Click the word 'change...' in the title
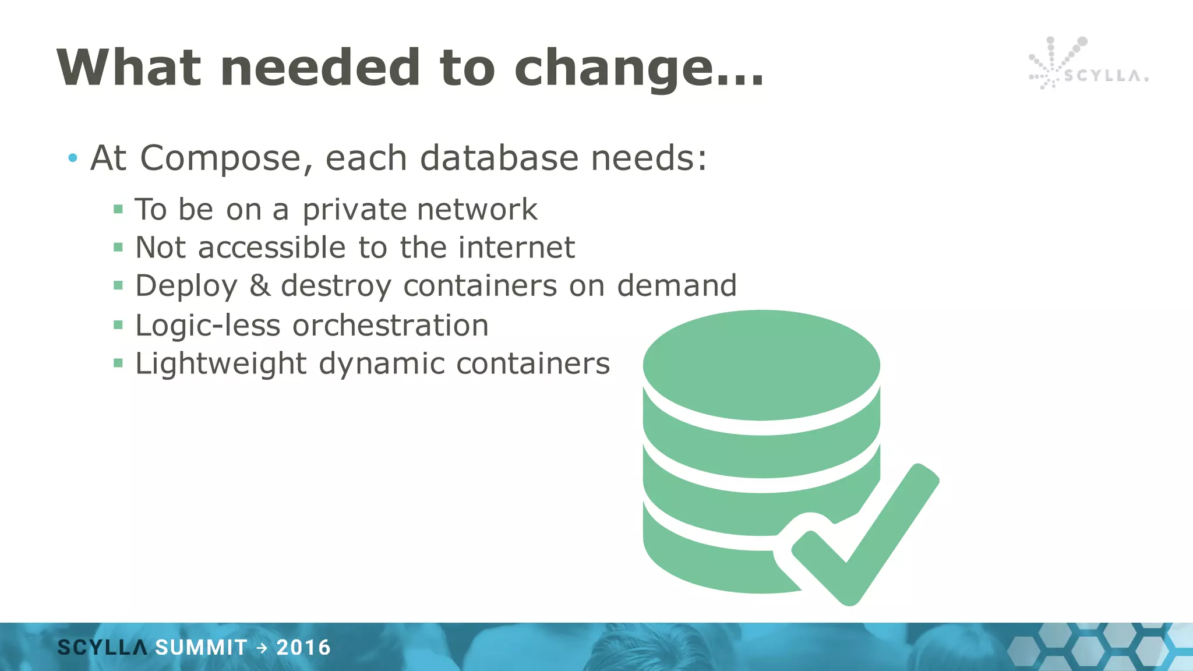coord(638,69)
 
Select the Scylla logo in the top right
coord(1087,64)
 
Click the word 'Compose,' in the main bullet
coord(227,158)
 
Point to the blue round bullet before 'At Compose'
coord(72,158)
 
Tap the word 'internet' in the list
coord(516,248)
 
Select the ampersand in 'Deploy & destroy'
coord(260,285)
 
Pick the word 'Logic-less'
coord(208,325)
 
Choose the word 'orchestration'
coord(390,325)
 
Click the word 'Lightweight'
coord(221,364)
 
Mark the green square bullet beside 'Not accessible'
coord(118,248)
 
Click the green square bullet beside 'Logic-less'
coord(118,325)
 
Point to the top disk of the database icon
coord(761,365)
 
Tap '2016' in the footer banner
coord(303,648)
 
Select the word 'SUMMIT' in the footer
coord(201,648)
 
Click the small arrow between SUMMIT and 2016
coord(262,648)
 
